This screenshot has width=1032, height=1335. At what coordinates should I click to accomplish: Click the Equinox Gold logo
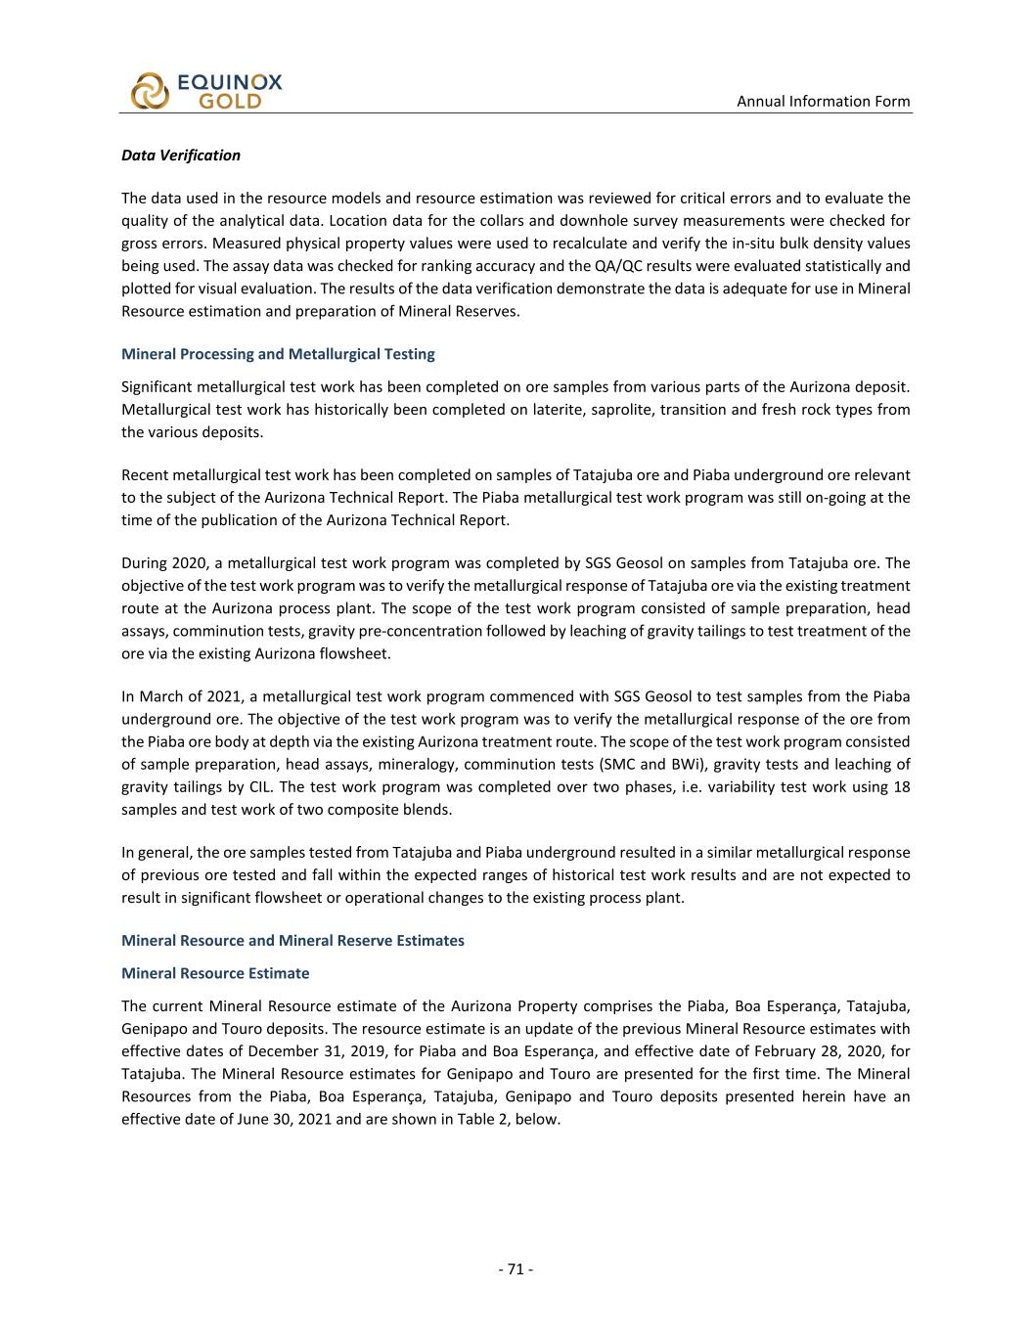point(205,90)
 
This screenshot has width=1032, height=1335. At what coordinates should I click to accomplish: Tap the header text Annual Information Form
point(823,101)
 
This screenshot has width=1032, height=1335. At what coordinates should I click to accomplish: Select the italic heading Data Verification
point(180,155)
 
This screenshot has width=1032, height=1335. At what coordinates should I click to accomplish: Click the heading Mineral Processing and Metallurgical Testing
point(278,354)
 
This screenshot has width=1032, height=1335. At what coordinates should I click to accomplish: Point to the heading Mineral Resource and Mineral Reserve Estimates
point(292,940)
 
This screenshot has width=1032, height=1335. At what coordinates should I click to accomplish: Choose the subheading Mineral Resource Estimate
point(215,973)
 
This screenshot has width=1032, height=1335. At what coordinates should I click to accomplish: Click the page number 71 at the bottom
point(516,1268)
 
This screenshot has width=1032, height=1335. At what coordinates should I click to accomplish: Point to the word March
point(158,696)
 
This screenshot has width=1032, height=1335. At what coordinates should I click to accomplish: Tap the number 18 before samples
point(901,786)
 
